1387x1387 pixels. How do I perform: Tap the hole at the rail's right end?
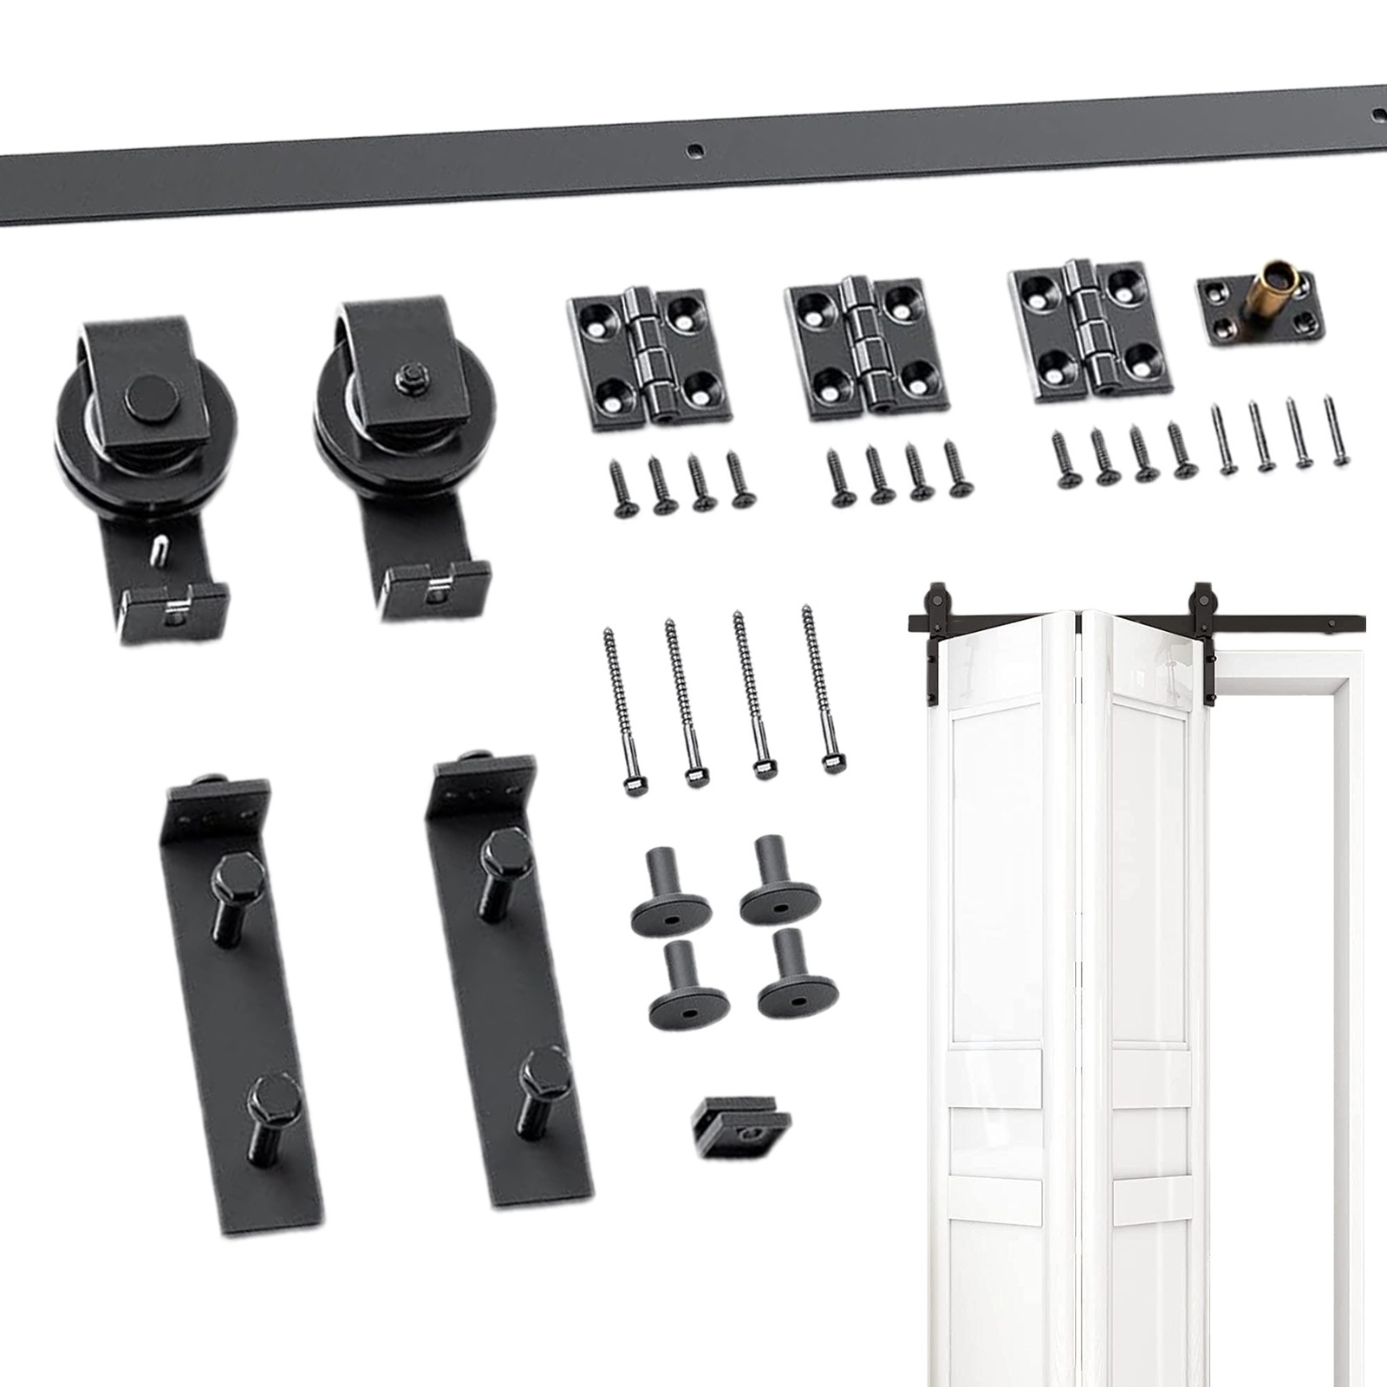[1377, 114]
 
